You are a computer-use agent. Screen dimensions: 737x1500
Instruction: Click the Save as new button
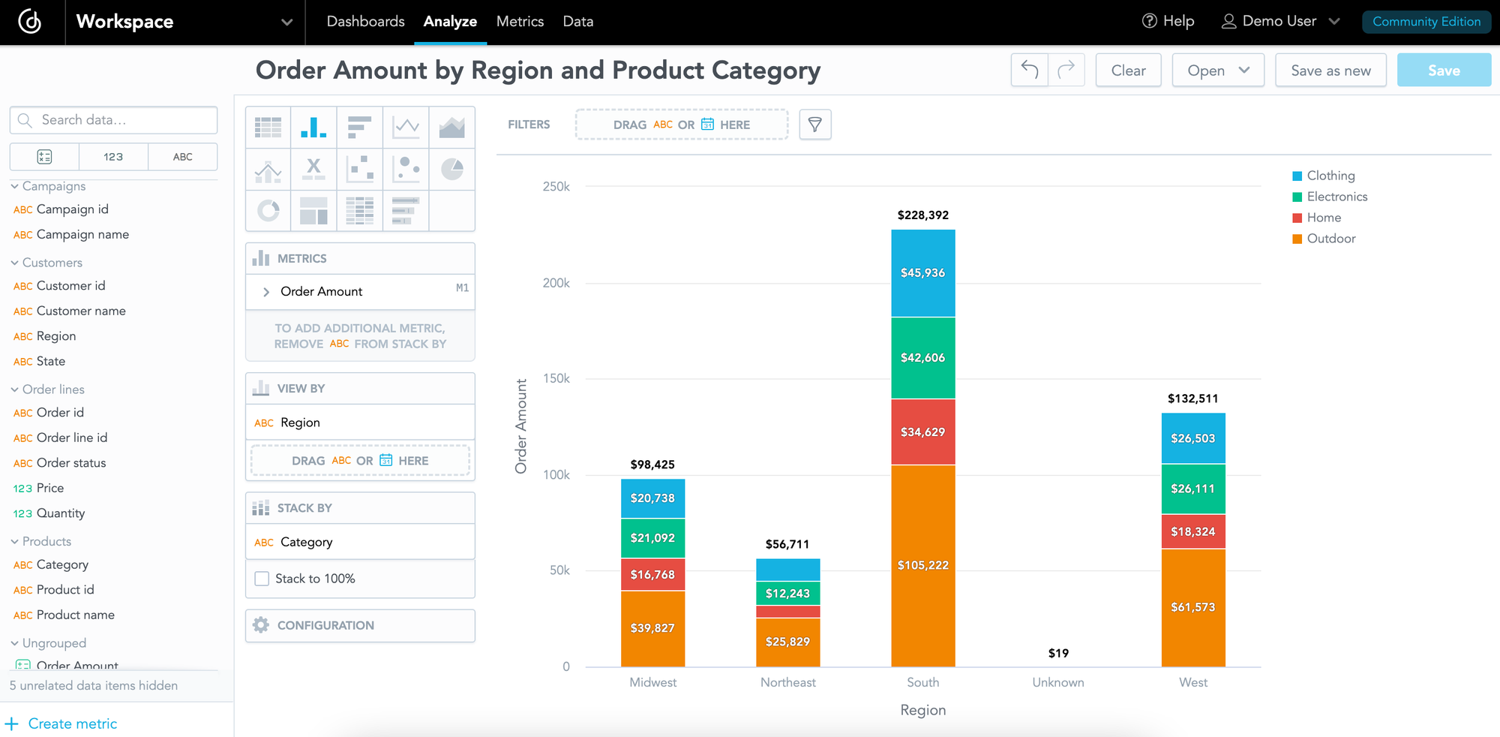[x=1330, y=71]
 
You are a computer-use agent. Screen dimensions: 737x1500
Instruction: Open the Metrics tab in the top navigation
[x=520, y=22]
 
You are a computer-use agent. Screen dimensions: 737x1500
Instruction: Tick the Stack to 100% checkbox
[x=262, y=579]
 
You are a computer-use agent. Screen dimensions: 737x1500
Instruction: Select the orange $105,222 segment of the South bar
[x=922, y=565]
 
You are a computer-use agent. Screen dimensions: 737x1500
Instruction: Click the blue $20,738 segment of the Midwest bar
[x=652, y=498]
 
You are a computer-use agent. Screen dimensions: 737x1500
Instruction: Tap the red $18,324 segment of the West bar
[x=1192, y=531]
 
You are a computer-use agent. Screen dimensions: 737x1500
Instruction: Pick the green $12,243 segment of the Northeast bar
[x=787, y=593]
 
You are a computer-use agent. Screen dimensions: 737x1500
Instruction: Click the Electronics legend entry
[x=1336, y=197]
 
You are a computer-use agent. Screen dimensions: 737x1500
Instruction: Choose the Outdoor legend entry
[x=1330, y=239]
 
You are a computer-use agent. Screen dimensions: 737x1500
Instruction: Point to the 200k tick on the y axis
[x=556, y=283]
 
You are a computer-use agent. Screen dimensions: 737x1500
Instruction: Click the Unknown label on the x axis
[x=1057, y=682]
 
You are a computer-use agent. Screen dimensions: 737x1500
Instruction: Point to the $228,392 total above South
[x=922, y=215]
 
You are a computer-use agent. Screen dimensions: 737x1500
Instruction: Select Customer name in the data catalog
[x=81, y=311]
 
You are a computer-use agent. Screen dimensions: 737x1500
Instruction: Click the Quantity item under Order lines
[x=60, y=513]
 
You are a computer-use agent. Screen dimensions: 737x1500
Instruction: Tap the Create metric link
[x=72, y=723]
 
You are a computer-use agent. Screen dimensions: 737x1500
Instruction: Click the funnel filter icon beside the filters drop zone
[x=814, y=125]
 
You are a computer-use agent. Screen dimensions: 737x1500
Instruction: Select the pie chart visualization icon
[x=451, y=170]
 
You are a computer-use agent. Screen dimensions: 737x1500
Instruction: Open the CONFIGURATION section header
[x=325, y=625]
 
